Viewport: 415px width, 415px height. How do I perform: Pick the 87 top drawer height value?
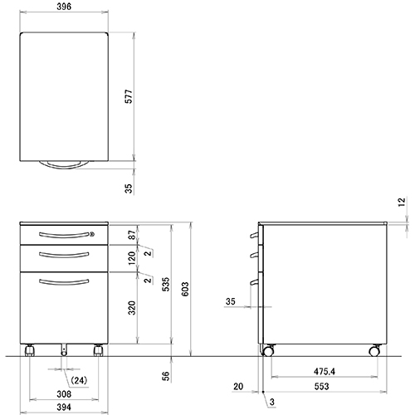coord(130,236)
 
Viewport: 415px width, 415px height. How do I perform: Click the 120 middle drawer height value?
coord(130,259)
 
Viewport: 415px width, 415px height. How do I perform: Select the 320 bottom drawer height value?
coord(130,309)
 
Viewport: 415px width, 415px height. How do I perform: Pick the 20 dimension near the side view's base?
coord(239,385)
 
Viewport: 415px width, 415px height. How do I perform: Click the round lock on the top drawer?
coord(92,235)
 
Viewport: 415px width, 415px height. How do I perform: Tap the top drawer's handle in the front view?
coord(64,235)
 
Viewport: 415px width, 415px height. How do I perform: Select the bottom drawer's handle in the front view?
coord(64,284)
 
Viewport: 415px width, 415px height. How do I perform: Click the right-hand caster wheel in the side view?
coord(373,352)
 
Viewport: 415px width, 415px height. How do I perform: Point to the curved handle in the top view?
coord(65,166)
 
